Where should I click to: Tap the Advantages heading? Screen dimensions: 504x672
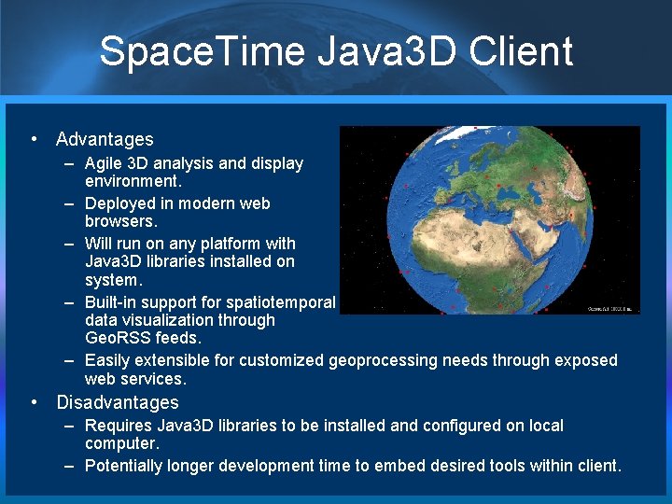pos(105,139)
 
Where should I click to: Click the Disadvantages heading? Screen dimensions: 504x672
pos(117,402)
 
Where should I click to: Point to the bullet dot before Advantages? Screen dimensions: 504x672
pos(35,139)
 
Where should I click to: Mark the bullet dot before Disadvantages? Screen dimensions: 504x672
pos(35,402)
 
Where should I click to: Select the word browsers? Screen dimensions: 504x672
pos(121,222)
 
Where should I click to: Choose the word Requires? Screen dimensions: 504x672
pos(118,426)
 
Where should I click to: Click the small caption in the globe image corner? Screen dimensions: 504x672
pos(612,307)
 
